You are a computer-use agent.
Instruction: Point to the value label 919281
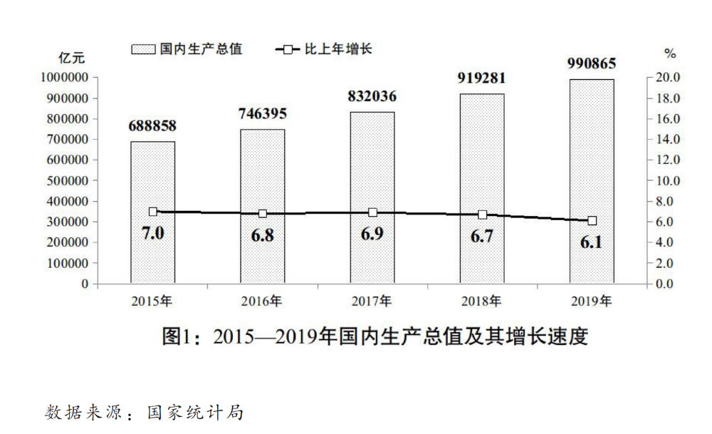pos(481,78)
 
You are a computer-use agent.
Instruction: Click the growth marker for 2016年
pos(262,213)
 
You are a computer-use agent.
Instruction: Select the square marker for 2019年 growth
pos(592,220)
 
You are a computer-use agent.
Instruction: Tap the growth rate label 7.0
pos(152,232)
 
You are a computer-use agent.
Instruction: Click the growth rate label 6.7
pos(482,236)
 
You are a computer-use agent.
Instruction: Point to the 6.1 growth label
pos(591,242)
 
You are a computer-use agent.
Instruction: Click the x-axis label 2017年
pos(372,301)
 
